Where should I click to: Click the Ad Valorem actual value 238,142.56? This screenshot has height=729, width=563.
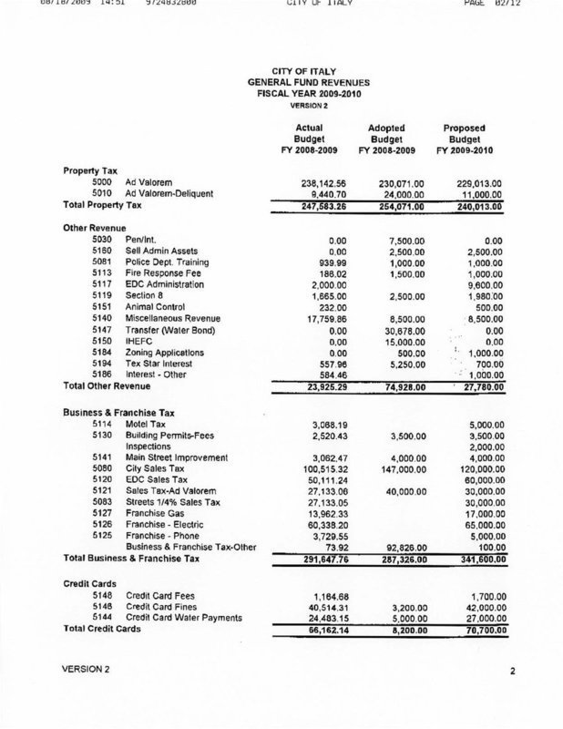tap(312, 182)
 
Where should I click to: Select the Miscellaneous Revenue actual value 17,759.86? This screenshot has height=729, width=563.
tap(312, 320)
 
